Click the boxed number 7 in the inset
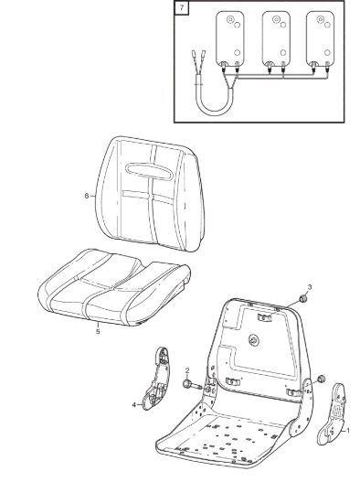click(182, 7)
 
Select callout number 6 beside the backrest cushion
click(87, 196)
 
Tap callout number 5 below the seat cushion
click(98, 331)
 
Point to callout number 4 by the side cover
click(134, 405)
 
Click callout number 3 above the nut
click(310, 287)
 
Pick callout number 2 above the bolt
click(187, 370)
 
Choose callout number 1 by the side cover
click(348, 431)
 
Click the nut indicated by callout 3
click(302, 299)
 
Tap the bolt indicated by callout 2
click(191, 384)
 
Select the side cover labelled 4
click(158, 380)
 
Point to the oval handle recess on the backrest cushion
click(149, 171)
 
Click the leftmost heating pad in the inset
click(230, 38)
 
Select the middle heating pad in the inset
click(276, 38)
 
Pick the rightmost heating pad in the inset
click(320, 38)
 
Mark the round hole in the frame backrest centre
click(254, 341)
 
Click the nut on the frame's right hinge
click(322, 380)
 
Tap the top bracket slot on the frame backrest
click(264, 317)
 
